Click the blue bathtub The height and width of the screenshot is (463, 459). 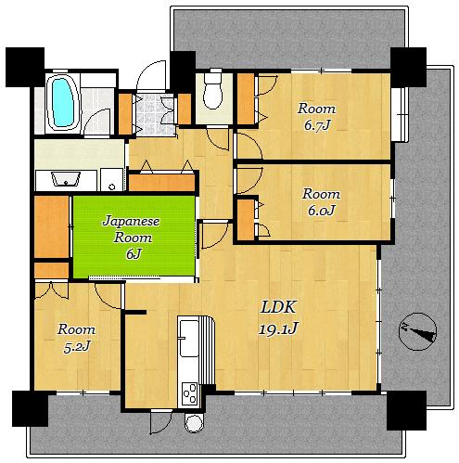[64, 103]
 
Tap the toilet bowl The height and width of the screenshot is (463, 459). [213, 90]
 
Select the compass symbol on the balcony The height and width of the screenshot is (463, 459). [417, 331]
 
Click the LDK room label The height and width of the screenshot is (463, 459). [278, 307]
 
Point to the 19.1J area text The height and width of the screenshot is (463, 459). [278, 328]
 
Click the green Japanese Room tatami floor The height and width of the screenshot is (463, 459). [134, 237]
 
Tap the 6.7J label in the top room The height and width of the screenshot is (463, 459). [317, 125]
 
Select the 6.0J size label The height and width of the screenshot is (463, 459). [322, 211]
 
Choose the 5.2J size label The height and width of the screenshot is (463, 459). [76, 347]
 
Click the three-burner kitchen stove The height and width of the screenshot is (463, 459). [189, 394]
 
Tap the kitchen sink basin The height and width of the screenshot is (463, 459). [189, 338]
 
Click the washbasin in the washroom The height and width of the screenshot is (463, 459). [66, 179]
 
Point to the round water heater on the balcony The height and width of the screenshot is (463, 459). [195, 423]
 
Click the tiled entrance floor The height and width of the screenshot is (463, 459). [154, 115]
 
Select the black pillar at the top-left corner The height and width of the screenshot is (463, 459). [25, 67]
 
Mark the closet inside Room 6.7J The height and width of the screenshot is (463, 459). [246, 98]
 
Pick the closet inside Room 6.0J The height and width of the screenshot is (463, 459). [246, 220]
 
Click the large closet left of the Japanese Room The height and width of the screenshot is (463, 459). [51, 226]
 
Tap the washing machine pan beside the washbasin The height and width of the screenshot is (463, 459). [111, 179]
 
